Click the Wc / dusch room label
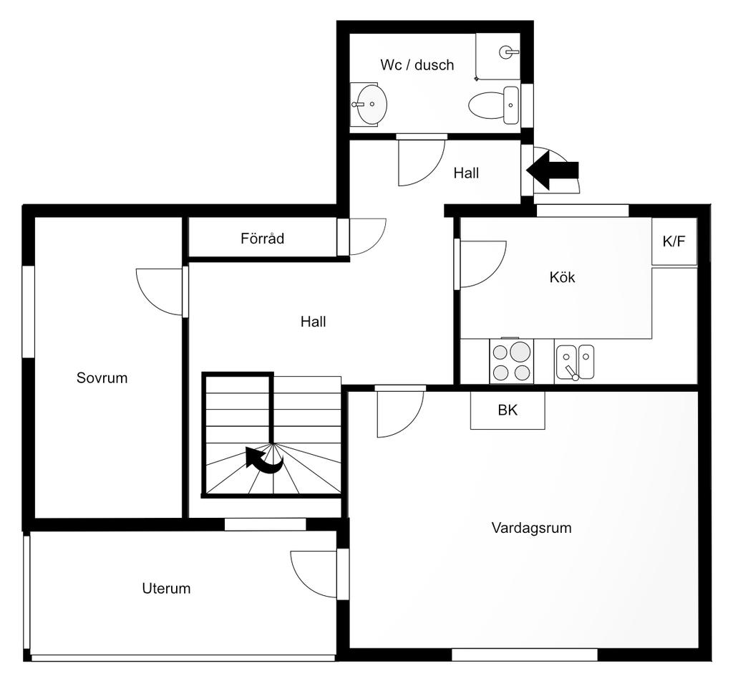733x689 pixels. click(x=417, y=64)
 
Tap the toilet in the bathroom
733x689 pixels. click(x=494, y=105)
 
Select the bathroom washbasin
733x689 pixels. click(x=369, y=105)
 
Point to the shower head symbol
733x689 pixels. click(x=509, y=52)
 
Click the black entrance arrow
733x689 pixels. click(x=553, y=170)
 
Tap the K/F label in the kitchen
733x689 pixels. click(x=674, y=241)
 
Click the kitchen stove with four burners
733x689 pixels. click(x=511, y=361)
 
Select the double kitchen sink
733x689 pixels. click(x=575, y=362)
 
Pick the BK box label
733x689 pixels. click(x=508, y=410)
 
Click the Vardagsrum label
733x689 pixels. click(x=532, y=528)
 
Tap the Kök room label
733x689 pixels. click(x=562, y=277)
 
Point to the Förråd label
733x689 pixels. click(x=262, y=238)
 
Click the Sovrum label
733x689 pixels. click(x=102, y=378)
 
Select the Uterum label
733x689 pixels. click(x=166, y=589)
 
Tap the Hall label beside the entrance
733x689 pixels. click(x=466, y=173)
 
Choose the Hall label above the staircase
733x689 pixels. click(x=314, y=322)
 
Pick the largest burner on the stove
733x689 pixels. click(x=520, y=352)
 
